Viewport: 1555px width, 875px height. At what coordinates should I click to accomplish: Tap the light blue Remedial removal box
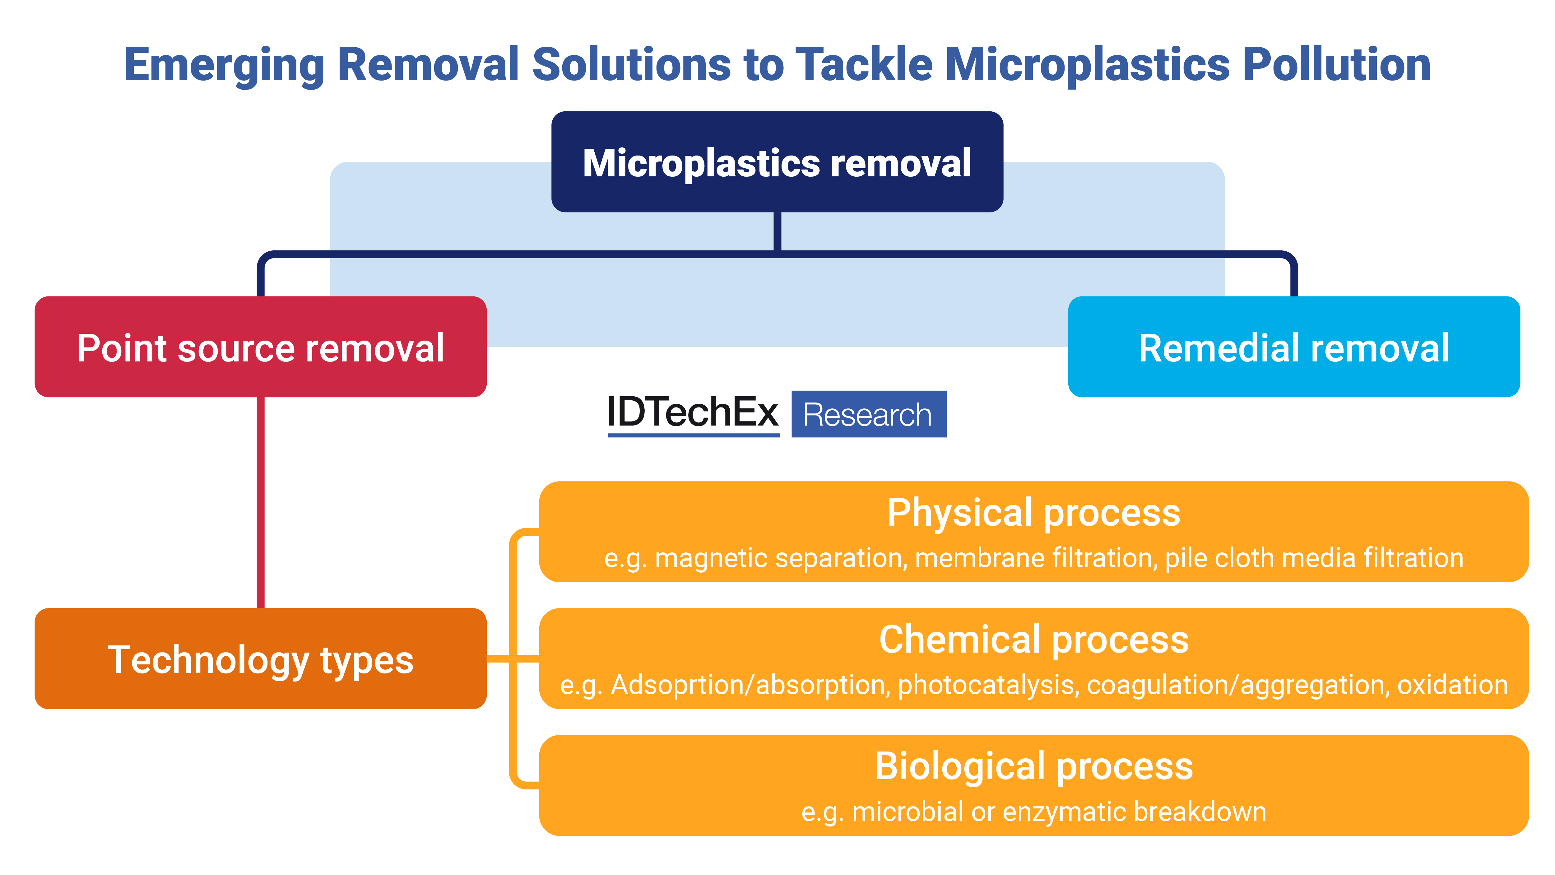(x=1294, y=347)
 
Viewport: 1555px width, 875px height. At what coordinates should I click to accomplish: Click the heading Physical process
(x=1033, y=513)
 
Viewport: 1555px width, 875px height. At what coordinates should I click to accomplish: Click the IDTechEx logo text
(x=693, y=414)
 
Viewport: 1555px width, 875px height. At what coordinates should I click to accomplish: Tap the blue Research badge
(x=869, y=414)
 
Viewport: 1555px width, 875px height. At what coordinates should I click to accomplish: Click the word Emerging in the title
(x=223, y=65)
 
